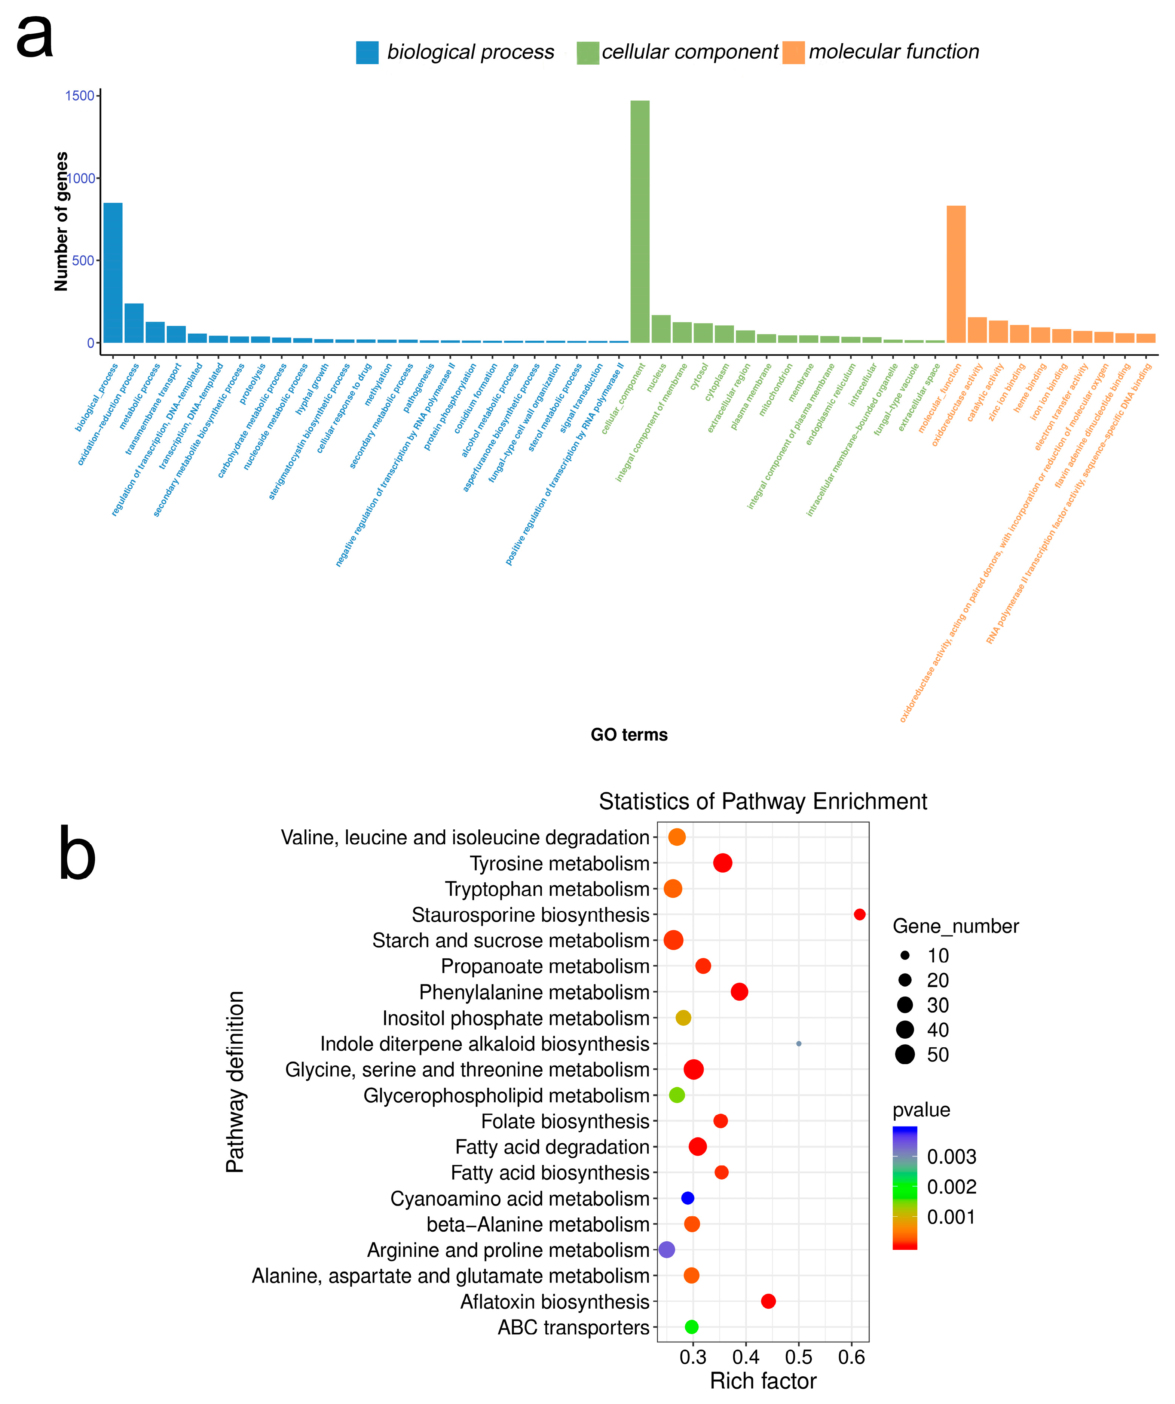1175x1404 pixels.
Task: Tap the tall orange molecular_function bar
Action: pyautogui.click(x=956, y=274)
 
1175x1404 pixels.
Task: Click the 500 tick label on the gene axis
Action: pyautogui.click(x=83, y=261)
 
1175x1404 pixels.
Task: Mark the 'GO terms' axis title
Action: pyautogui.click(x=628, y=735)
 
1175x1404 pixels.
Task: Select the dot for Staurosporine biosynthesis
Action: pyautogui.click(x=859, y=914)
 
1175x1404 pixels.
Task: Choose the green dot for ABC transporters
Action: pyautogui.click(x=691, y=1327)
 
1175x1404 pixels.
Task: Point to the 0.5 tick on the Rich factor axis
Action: pyautogui.click(x=799, y=1357)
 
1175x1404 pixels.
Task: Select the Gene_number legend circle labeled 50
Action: pyautogui.click(x=905, y=1054)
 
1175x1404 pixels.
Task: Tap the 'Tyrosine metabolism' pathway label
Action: pyautogui.click(x=559, y=863)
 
